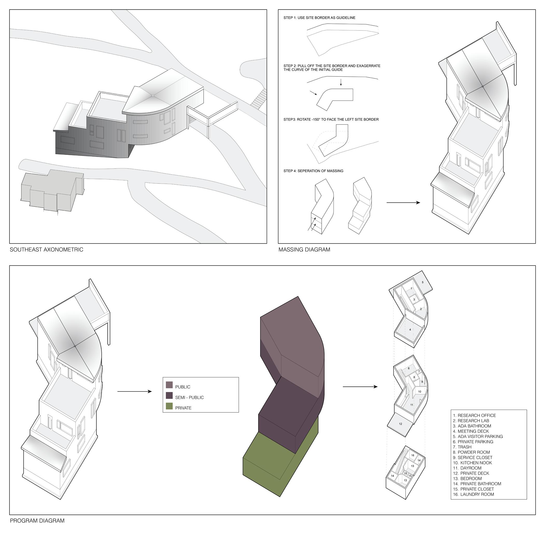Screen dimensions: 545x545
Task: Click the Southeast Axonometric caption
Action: (46, 250)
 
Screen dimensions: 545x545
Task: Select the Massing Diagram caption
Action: (304, 250)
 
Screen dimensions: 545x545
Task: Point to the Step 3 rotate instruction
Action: (331, 120)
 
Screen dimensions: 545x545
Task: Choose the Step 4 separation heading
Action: (313, 171)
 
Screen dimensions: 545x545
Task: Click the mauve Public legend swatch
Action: (169, 385)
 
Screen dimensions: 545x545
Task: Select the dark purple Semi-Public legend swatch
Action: (169, 396)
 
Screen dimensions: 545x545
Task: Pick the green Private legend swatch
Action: (169, 406)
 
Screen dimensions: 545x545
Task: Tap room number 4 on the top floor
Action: (410, 329)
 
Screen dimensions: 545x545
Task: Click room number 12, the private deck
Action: (400, 424)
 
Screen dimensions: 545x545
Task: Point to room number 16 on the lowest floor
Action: (412, 455)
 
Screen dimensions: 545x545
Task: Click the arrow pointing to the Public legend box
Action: (135, 391)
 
